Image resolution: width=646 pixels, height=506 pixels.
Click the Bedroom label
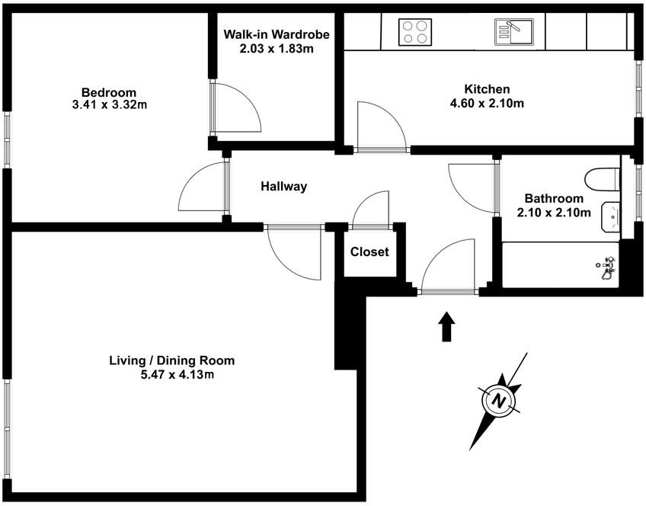coord(109,92)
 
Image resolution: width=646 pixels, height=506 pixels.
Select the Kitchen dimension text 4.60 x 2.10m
coord(487,103)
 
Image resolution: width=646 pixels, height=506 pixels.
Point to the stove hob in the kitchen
coord(415,32)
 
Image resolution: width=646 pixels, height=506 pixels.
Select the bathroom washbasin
coord(611,216)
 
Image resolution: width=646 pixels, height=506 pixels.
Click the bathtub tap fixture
coord(607,267)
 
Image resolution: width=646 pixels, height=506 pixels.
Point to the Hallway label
coord(283,186)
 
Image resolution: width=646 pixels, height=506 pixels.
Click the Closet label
coord(369,251)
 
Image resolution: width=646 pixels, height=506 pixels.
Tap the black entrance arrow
coord(447,326)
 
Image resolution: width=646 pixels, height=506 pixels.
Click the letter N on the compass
coord(498,400)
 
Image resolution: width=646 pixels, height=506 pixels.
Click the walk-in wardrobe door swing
coord(236,107)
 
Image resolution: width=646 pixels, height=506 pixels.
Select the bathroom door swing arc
coord(472,187)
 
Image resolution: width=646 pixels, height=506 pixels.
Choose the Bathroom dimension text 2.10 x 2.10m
coord(554,213)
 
